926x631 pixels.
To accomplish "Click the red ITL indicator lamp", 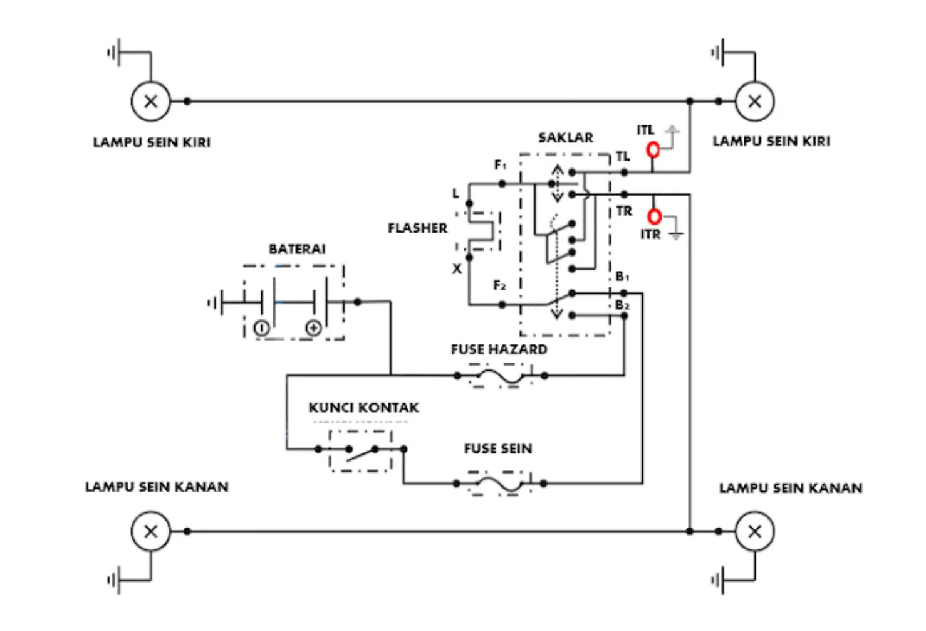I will click(653, 150).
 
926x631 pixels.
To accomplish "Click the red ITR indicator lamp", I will click(654, 216).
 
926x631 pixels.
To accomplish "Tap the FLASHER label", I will click(417, 228).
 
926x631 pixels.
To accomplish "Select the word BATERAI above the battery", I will click(297, 249).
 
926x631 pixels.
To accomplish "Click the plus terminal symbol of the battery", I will click(313, 327).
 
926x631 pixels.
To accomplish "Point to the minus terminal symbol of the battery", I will click(261, 327).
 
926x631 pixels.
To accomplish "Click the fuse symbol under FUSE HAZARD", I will click(500, 376).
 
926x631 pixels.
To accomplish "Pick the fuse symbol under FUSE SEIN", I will click(499, 484).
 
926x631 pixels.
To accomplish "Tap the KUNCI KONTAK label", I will click(363, 408).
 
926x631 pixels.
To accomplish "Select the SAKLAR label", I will click(565, 137).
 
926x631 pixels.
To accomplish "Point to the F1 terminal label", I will click(500, 165).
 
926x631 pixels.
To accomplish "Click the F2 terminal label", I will click(499, 286).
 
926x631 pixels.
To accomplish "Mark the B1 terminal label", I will click(622, 277).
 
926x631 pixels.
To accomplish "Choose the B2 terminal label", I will click(622, 305).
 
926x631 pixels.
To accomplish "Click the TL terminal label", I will click(622, 157).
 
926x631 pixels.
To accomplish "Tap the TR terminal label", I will click(624, 211).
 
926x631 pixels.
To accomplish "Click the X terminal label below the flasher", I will click(457, 269).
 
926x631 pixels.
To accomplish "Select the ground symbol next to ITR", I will click(675, 235).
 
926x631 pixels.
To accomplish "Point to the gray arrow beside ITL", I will click(672, 133).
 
